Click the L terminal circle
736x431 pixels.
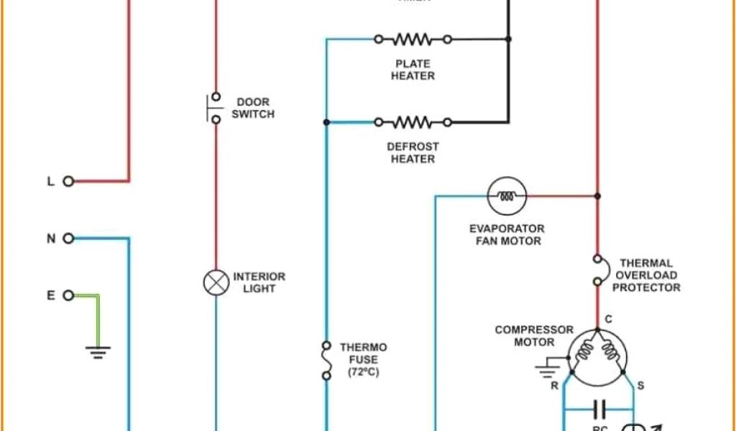click(69, 182)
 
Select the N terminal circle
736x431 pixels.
click(69, 238)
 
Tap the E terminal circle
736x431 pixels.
click(69, 295)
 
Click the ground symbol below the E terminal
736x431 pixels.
click(98, 351)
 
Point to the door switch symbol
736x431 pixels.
click(214, 108)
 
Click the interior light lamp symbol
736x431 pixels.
click(216, 282)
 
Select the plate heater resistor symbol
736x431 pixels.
click(413, 39)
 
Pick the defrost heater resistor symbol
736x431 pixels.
click(413, 122)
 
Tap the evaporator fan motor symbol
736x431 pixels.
click(507, 195)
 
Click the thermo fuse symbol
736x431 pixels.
click(326, 361)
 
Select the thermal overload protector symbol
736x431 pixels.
click(597, 270)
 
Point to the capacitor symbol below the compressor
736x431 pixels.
click(598, 410)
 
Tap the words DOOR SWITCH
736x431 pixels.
click(252, 108)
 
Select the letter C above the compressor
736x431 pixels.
click(608, 319)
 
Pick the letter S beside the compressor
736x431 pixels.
click(640, 386)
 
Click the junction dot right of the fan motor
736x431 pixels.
click(597, 195)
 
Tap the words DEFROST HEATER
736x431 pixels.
click(413, 152)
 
